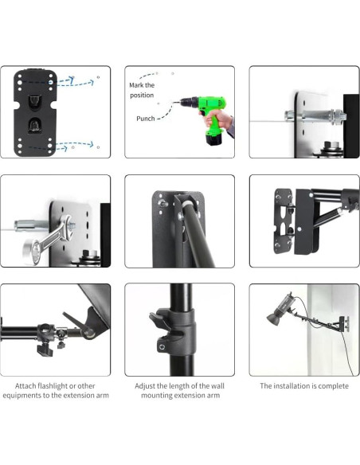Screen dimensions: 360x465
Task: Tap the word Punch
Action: pyautogui.click(x=146, y=119)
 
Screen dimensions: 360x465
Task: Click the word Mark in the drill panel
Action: pyautogui.click(x=136, y=85)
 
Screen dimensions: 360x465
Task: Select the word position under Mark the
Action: pyautogui.click(x=142, y=96)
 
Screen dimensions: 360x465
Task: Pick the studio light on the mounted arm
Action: pyautogui.click(x=280, y=309)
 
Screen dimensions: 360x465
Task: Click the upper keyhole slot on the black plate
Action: pyautogui.click(x=35, y=101)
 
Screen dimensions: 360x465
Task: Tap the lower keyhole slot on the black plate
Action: pyautogui.click(x=35, y=126)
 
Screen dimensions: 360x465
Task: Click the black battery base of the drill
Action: pyautogui.click(x=214, y=139)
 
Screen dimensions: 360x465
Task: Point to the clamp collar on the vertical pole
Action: pyautogui.click(x=173, y=330)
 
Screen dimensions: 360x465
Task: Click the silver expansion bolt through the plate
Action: pyautogui.click(x=315, y=115)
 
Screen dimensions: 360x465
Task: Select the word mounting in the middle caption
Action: pyautogui.click(x=154, y=396)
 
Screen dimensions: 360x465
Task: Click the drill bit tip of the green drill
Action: pyautogui.click(x=174, y=103)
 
